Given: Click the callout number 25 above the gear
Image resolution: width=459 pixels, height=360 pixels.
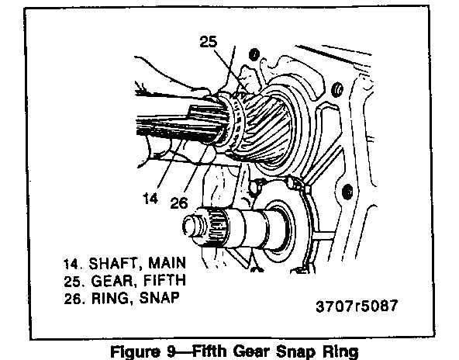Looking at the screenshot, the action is pos(209,42).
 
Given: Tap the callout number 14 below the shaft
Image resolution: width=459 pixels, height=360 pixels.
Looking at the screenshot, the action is pos(150,199).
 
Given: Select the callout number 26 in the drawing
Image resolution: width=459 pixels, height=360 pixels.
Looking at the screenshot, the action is pos(179,202).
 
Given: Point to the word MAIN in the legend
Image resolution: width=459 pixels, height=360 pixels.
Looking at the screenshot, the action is pos(167,263).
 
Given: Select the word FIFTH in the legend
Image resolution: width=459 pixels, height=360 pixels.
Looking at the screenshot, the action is pos(165,280).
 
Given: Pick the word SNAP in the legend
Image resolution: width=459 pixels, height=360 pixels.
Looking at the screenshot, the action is pos(159,298).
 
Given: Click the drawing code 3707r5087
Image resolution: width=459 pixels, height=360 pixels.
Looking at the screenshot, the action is pos(357,306).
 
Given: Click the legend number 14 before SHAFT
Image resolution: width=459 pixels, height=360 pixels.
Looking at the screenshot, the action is pos(71,264).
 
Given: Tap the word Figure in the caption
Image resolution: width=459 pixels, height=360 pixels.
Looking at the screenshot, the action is pos(136,351).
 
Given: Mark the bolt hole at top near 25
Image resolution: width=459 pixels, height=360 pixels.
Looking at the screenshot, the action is pos(254,55).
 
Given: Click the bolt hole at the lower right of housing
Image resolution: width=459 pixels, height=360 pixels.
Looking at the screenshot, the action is pos(347,192).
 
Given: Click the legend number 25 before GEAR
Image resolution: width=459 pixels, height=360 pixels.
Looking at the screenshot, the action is pos(72,282).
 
